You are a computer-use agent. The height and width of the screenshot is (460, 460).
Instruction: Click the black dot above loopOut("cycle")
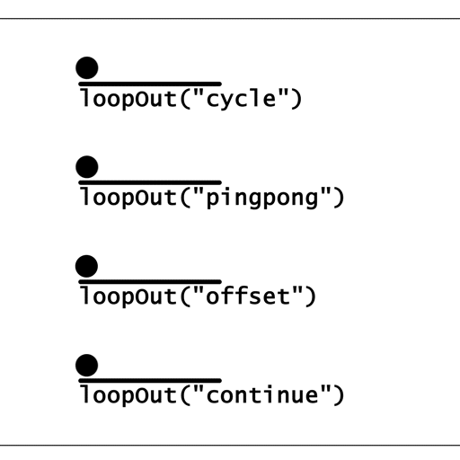87,68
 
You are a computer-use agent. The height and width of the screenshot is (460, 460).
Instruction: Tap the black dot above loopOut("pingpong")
87,167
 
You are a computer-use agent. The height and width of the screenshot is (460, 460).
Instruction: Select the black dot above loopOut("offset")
86,266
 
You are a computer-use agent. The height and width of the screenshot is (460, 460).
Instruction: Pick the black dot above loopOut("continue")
87,365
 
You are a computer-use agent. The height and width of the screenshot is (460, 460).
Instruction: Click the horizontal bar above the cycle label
150,84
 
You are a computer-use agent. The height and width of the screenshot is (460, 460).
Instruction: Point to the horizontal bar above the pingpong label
150,182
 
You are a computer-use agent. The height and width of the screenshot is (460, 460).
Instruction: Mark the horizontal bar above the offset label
150,282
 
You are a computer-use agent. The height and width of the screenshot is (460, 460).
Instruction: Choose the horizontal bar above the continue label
150,381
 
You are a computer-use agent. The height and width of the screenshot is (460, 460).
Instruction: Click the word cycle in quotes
242,100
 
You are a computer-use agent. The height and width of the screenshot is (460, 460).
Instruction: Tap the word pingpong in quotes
262,199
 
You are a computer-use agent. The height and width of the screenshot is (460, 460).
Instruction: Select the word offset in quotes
249,296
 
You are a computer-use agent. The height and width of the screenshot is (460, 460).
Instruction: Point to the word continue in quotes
262,394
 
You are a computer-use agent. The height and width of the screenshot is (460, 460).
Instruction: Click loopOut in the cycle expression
128,99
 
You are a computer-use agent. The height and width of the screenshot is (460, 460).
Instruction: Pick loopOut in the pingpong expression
128,198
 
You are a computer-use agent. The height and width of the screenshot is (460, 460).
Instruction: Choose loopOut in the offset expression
128,296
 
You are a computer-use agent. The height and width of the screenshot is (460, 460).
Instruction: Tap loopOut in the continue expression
128,395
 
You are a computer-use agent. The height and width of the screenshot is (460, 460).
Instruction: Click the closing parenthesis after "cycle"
296,99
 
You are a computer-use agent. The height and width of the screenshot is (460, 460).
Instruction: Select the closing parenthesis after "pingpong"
339,198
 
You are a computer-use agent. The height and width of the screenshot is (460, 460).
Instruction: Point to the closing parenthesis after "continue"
339,395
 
